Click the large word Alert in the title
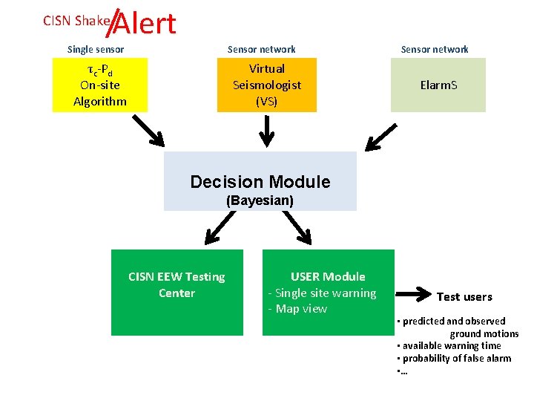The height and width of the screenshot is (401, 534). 145,24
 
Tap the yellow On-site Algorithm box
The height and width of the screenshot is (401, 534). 100,85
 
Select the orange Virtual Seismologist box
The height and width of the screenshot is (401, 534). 267,85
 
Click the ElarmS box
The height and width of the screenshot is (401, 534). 438,85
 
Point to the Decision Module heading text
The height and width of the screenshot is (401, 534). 260,182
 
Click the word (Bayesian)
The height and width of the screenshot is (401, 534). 260,200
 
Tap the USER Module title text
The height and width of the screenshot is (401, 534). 328,277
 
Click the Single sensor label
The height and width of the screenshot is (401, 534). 96,50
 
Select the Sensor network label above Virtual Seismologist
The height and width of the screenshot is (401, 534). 261,50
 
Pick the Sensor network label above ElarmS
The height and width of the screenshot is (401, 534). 435,50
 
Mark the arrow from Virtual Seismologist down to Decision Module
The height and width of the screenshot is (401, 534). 266,132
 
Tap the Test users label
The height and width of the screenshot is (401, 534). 464,297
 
